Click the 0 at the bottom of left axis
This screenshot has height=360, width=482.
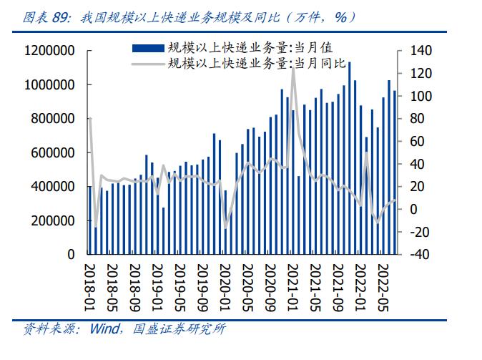[72, 254]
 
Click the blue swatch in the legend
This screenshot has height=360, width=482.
[147, 49]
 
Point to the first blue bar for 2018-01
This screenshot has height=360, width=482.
[90, 220]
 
